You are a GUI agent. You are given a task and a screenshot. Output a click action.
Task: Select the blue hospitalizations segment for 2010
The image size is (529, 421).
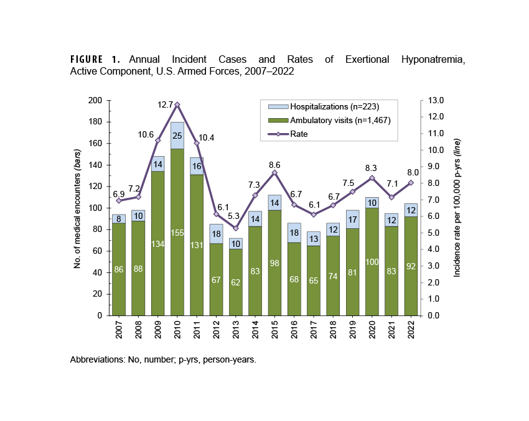(x=177, y=136)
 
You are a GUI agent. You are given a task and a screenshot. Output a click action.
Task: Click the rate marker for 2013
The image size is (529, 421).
(x=235, y=228)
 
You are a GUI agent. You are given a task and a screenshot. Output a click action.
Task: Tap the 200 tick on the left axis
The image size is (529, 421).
(x=95, y=101)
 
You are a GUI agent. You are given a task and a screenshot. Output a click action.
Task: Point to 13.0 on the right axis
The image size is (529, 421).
(x=434, y=101)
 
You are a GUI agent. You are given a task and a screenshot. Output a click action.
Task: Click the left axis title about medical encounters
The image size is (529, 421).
(x=77, y=208)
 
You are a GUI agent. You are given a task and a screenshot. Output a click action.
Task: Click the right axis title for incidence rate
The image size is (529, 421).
(x=457, y=208)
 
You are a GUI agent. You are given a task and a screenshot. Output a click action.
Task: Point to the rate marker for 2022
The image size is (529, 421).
(x=410, y=183)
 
